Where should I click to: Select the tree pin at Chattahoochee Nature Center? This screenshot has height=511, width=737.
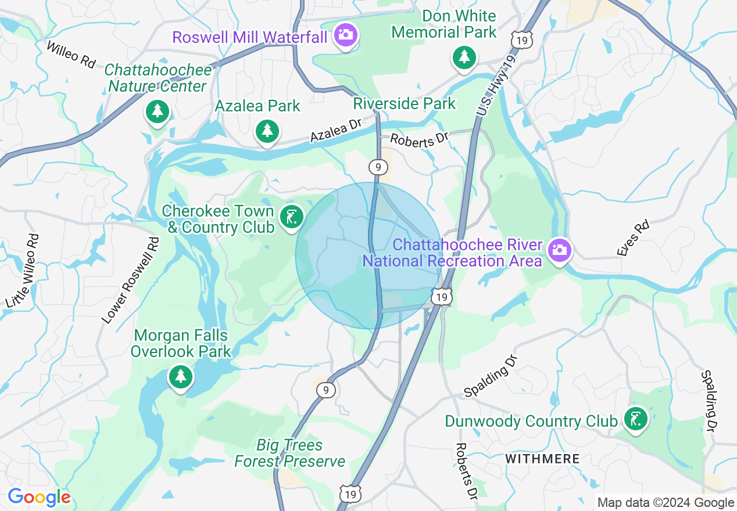coord(157,111)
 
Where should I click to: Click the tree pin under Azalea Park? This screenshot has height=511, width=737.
coord(267,131)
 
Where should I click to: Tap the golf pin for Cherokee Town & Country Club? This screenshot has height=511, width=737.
coord(291,218)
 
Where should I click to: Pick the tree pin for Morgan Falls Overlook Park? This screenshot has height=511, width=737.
coord(180,377)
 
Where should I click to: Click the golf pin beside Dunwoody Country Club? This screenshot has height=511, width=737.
coord(635,419)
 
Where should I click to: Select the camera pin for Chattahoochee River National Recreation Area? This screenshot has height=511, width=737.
coord(559,250)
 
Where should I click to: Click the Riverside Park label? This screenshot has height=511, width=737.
coord(405,105)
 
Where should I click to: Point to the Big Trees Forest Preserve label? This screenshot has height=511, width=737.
coord(289,454)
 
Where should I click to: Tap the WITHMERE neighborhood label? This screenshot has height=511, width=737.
coord(542,459)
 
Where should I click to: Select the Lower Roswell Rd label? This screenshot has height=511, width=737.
coord(130,280)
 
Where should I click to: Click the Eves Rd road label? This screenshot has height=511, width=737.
coord(633,237)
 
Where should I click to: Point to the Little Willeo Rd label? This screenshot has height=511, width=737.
coord(23,271)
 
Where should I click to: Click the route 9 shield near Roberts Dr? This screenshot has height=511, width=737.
coord(378,167)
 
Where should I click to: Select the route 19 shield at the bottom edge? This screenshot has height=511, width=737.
coord(350,493)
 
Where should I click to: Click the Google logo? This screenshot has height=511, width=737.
coord(39,498)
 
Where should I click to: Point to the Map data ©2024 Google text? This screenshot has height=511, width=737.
coord(666,503)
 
